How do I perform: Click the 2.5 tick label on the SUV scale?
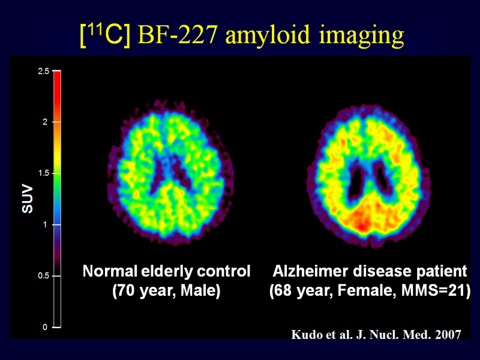tap(43, 71)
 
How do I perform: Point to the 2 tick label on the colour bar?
tap(45, 122)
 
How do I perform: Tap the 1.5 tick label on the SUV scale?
tap(43, 173)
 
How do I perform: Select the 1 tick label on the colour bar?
tap(46, 224)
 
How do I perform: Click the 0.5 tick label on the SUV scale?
tap(43, 276)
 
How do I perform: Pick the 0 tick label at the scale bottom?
tap(45, 327)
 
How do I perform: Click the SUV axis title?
tap(27, 199)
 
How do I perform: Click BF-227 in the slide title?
tap(178, 34)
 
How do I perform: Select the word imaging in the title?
tap(362, 36)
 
